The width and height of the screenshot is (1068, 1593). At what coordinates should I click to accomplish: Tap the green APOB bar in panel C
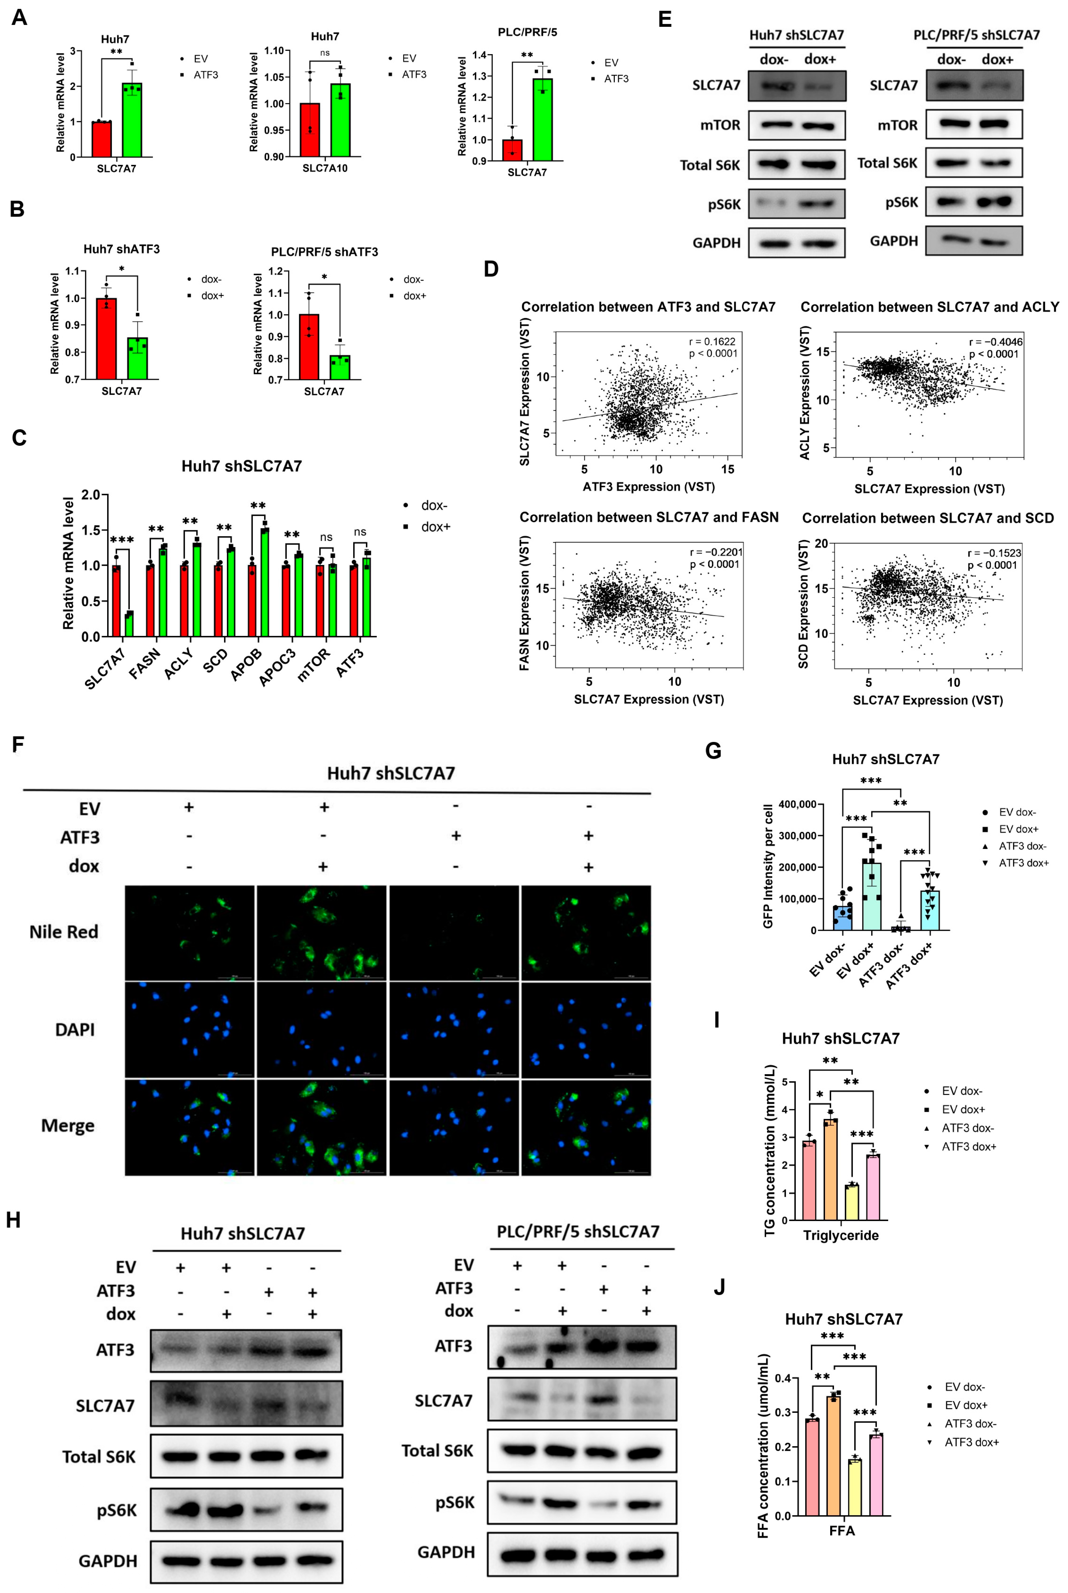[264, 582]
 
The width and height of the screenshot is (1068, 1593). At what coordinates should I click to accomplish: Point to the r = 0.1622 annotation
[712, 341]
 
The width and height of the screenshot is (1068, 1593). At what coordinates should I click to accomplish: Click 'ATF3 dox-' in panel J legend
[970, 1424]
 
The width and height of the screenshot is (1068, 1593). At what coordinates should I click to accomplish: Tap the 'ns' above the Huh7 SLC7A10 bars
[325, 52]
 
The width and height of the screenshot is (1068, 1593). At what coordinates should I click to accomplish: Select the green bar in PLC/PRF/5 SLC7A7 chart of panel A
[542, 119]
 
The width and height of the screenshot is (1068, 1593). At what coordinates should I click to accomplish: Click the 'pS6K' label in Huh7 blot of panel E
[724, 204]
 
